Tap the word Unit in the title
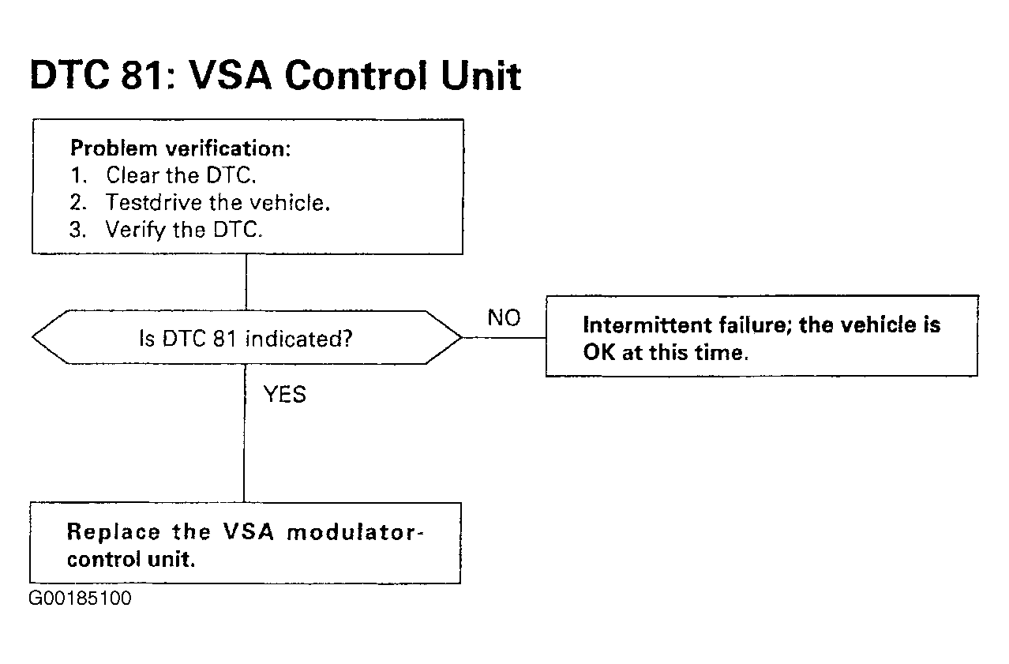[x=481, y=75]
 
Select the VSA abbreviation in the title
[x=229, y=75]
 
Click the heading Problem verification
[x=181, y=148]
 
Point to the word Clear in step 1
[x=133, y=174]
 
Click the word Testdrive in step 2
[x=154, y=202]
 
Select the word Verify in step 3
[x=136, y=230]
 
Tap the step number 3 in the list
[x=77, y=229]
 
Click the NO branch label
[x=504, y=317]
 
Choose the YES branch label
[x=285, y=394]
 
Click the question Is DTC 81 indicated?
[x=246, y=339]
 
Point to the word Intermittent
[x=647, y=324]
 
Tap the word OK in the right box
[x=598, y=352]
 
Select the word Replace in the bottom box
[x=114, y=531]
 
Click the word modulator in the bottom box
[x=353, y=532]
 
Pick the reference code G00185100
[x=80, y=598]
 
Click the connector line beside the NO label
[x=504, y=337]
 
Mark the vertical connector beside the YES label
[x=245, y=433]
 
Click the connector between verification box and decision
[x=246, y=282]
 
